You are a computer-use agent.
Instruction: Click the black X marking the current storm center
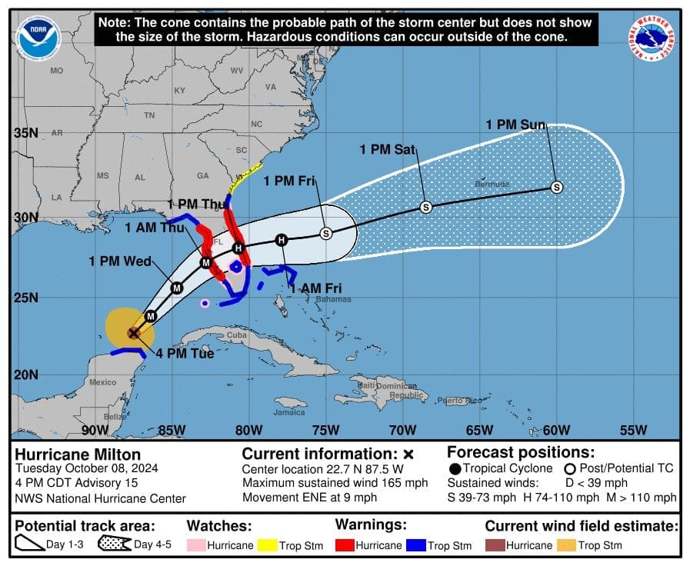coord(133,332)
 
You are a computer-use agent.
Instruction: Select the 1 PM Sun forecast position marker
coord(556,187)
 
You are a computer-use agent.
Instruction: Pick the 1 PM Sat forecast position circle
coord(425,207)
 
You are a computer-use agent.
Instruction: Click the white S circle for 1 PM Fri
coord(325,233)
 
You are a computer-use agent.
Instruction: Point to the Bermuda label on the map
coord(492,185)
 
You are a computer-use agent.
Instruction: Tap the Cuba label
coord(236,335)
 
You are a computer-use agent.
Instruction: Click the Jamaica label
coord(288,412)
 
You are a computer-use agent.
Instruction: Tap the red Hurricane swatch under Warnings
coord(344,545)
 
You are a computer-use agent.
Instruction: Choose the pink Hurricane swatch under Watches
coord(195,545)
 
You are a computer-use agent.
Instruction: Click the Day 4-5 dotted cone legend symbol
coord(115,545)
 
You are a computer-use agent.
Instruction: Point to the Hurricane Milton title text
coord(78,454)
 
